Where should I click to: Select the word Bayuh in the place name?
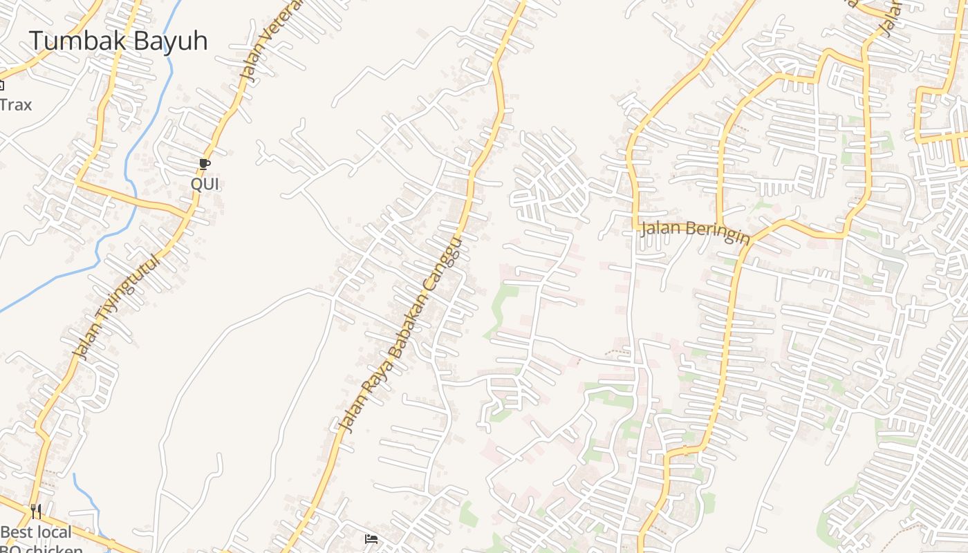point(169,41)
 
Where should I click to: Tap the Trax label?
point(15,105)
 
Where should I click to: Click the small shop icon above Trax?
point(1,86)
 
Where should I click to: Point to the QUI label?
point(205,184)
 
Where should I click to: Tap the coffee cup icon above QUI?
point(204,164)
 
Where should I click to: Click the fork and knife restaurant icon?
point(36,512)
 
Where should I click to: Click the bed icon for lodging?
point(371,539)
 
